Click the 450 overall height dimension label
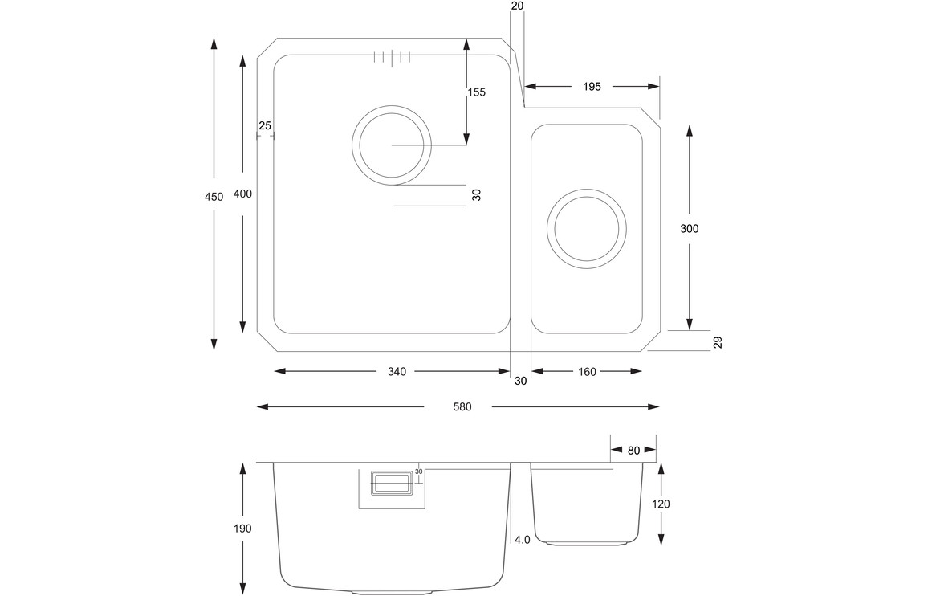point(214,197)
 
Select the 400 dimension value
point(242,194)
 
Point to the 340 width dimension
point(397,372)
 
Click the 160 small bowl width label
point(587,372)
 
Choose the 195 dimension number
point(592,87)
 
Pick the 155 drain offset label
point(477,92)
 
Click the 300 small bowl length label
point(689,229)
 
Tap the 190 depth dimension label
point(242,529)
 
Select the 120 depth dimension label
point(661,504)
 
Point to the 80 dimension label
point(633,451)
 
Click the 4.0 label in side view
point(522,540)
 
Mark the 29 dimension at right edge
point(718,342)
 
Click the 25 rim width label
point(266,125)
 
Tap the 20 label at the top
point(517,6)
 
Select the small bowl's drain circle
point(587,227)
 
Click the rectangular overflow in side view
point(391,483)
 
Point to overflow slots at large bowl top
point(392,57)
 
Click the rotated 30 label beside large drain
point(476,195)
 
